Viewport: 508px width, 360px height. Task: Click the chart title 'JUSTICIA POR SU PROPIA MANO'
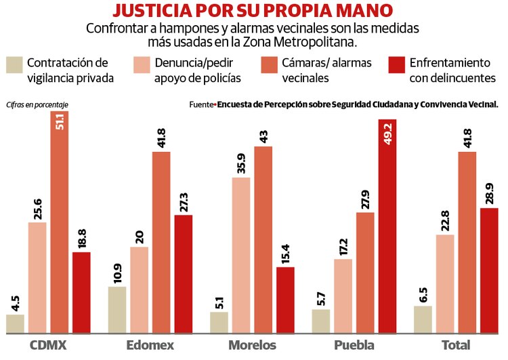[x=253, y=11]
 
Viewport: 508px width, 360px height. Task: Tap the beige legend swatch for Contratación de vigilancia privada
[x=14, y=64]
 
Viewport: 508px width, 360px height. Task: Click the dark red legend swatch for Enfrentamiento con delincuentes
[x=396, y=64]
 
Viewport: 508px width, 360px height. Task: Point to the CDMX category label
[x=48, y=346]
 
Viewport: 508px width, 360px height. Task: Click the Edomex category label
[x=150, y=346]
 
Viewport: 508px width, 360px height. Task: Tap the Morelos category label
[x=252, y=346]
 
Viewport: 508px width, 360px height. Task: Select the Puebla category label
[x=354, y=346]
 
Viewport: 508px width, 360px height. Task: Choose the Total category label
[x=455, y=346]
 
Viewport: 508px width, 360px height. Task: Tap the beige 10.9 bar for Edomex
[x=117, y=310]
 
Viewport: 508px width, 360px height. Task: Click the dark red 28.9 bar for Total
[x=489, y=271]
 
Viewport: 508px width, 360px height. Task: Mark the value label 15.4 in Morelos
[x=285, y=253]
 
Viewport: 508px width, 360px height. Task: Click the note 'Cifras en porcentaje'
[x=37, y=104]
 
